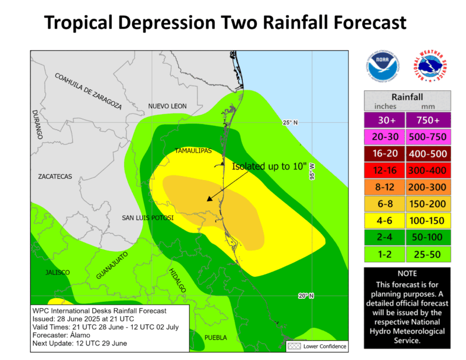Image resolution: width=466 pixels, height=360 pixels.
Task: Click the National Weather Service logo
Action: click(433, 66)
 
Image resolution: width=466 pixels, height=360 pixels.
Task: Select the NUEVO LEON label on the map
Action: click(167, 106)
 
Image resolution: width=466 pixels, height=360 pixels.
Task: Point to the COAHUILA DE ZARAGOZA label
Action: click(88, 91)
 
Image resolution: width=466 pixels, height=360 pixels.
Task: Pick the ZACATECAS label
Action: click(54, 176)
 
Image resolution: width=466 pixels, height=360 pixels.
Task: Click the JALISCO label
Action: click(58, 273)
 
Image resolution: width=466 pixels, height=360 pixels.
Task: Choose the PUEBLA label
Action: click(214, 337)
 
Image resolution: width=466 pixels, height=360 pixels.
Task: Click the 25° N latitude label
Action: click(290, 122)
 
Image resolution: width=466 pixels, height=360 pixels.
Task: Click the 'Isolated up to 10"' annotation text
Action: click(269, 166)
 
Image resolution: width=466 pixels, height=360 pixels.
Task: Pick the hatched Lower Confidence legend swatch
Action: click(294, 346)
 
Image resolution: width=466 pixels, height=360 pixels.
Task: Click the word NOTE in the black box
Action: click(407, 273)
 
